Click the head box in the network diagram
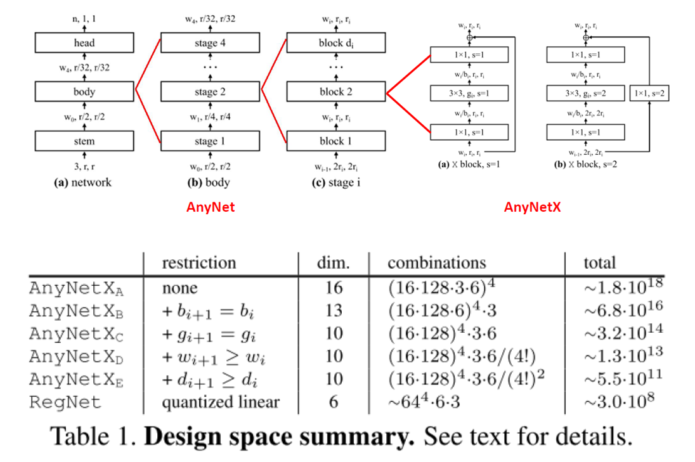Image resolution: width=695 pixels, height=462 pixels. (84, 43)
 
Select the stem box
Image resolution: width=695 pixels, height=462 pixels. (84, 141)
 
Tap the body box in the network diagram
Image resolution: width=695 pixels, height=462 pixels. (84, 92)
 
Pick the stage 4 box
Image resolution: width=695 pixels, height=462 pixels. (210, 43)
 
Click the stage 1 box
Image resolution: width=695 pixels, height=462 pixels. (210, 141)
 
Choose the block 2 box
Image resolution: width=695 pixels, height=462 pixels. (335, 92)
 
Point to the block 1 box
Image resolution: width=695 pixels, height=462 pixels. (335, 141)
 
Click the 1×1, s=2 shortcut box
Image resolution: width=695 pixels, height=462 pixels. (649, 94)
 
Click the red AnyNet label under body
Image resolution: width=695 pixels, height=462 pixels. (211, 207)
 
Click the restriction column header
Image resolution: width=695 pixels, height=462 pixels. (198, 262)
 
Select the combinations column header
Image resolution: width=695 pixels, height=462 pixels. (437, 262)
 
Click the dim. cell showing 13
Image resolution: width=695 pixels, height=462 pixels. (334, 311)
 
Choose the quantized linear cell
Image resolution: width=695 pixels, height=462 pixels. (220, 402)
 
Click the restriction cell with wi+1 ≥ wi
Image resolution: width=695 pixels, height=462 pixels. (213, 357)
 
